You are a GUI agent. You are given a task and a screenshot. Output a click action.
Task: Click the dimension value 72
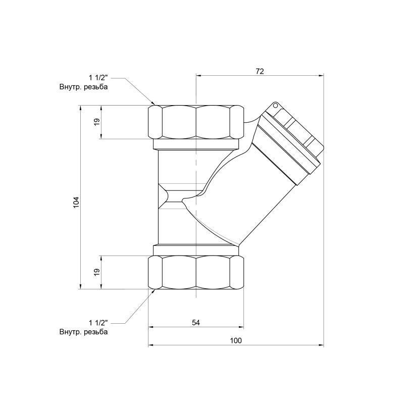pos(260,71)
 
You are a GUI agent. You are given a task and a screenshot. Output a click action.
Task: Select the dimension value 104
pos(76,202)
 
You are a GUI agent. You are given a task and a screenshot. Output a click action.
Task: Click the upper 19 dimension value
pos(97,122)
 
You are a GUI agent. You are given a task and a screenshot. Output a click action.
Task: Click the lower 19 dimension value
pos(97,272)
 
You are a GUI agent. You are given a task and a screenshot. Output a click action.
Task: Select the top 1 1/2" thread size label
pos(98,78)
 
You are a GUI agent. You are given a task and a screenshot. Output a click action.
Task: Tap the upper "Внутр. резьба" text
pos(83,87)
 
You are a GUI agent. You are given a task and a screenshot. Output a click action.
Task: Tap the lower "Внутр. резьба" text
pos(83,332)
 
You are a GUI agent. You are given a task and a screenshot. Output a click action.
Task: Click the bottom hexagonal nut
pos(196,272)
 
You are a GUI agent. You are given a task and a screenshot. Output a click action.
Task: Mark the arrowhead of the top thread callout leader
pos(154,103)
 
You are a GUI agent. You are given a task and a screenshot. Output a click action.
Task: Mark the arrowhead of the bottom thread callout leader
pos(154,291)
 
